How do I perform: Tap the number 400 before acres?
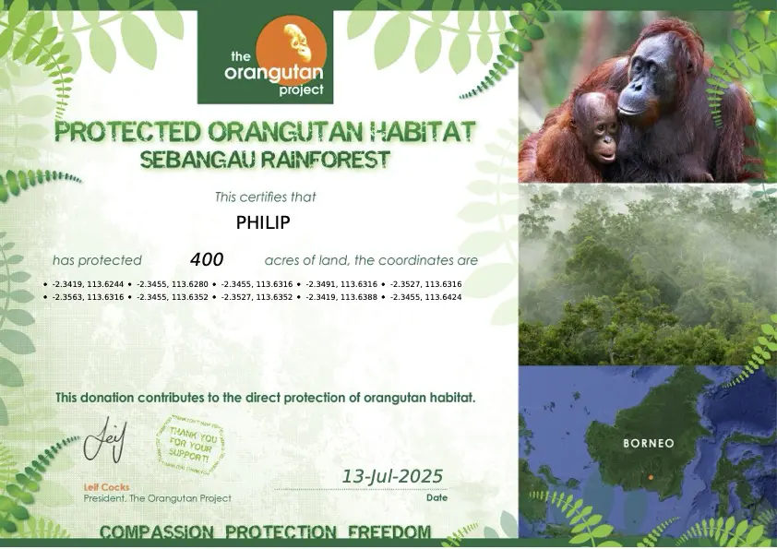click(x=207, y=260)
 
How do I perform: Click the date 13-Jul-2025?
click(x=393, y=476)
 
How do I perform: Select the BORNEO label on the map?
click(x=649, y=443)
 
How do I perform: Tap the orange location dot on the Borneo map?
click(x=651, y=477)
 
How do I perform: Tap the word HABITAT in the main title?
click(x=421, y=131)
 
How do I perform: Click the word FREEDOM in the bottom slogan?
click(x=389, y=532)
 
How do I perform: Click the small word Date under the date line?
click(x=436, y=497)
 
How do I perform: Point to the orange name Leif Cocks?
click(x=106, y=487)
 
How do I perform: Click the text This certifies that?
click(x=265, y=197)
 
